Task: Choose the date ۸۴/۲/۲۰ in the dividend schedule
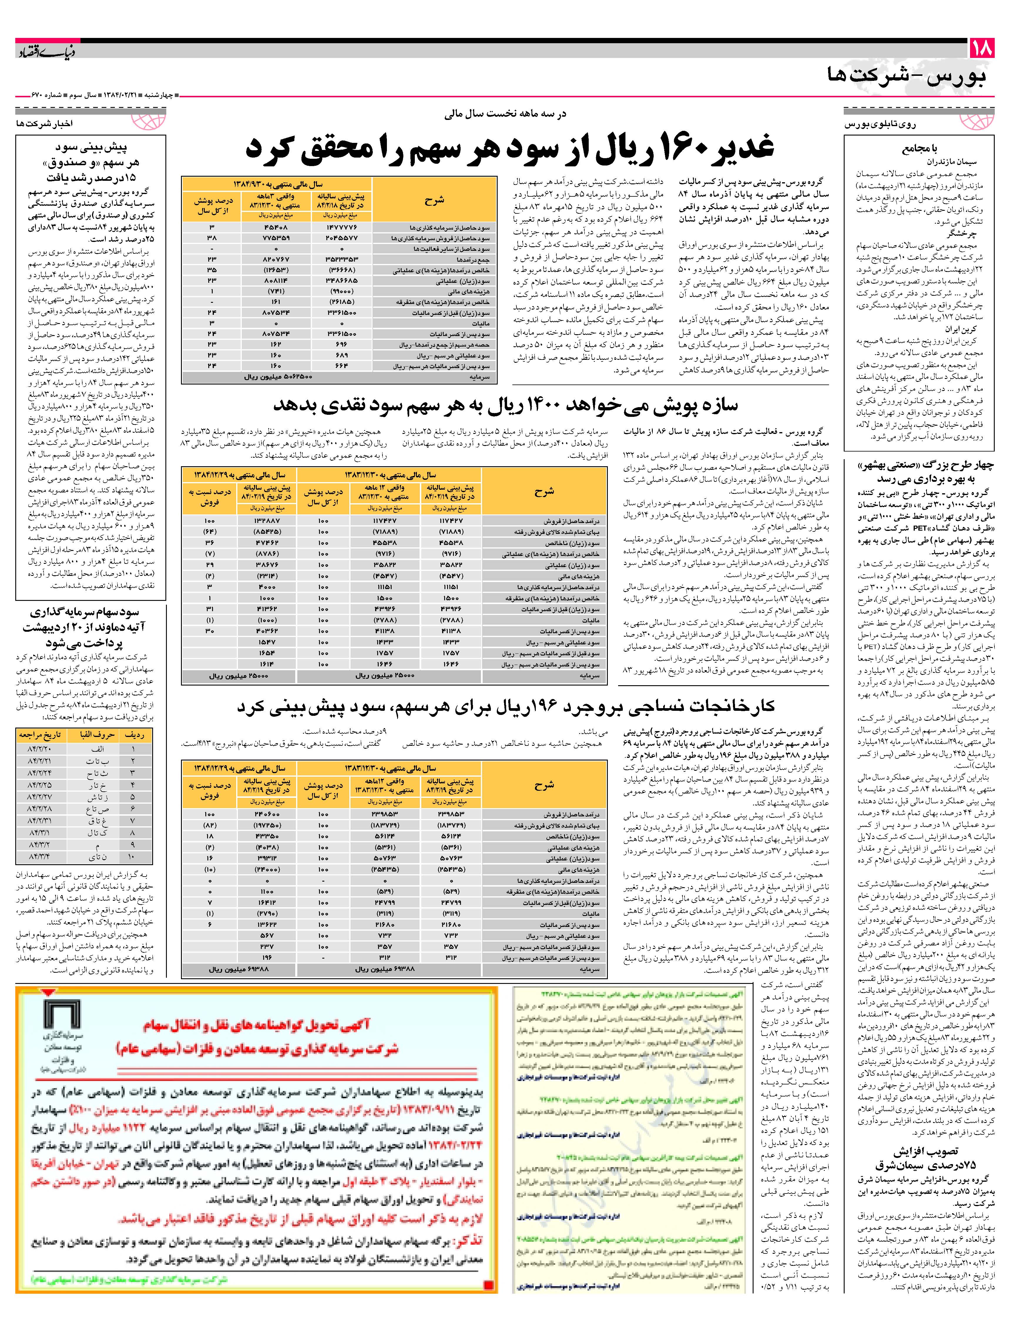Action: pyautogui.click(x=39, y=748)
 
